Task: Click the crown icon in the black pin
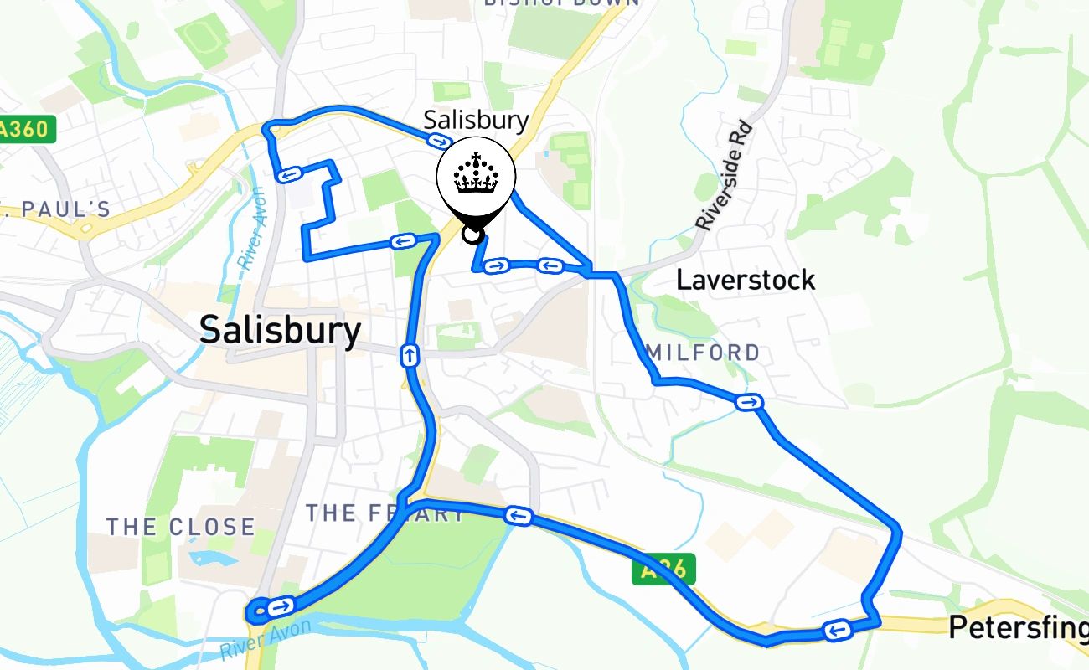[x=476, y=174]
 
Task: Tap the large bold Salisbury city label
[x=281, y=331]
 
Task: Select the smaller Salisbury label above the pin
[x=476, y=120]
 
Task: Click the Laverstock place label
[x=745, y=280]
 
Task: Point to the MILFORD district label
[x=704, y=353]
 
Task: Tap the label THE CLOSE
[x=180, y=527]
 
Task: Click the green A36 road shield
[x=663, y=571]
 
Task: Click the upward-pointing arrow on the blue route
[x=410, y=356]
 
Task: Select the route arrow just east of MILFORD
[x=748, y=403]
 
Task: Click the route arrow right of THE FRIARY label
[x=519, y=515]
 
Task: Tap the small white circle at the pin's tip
[x=472, y=234]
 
